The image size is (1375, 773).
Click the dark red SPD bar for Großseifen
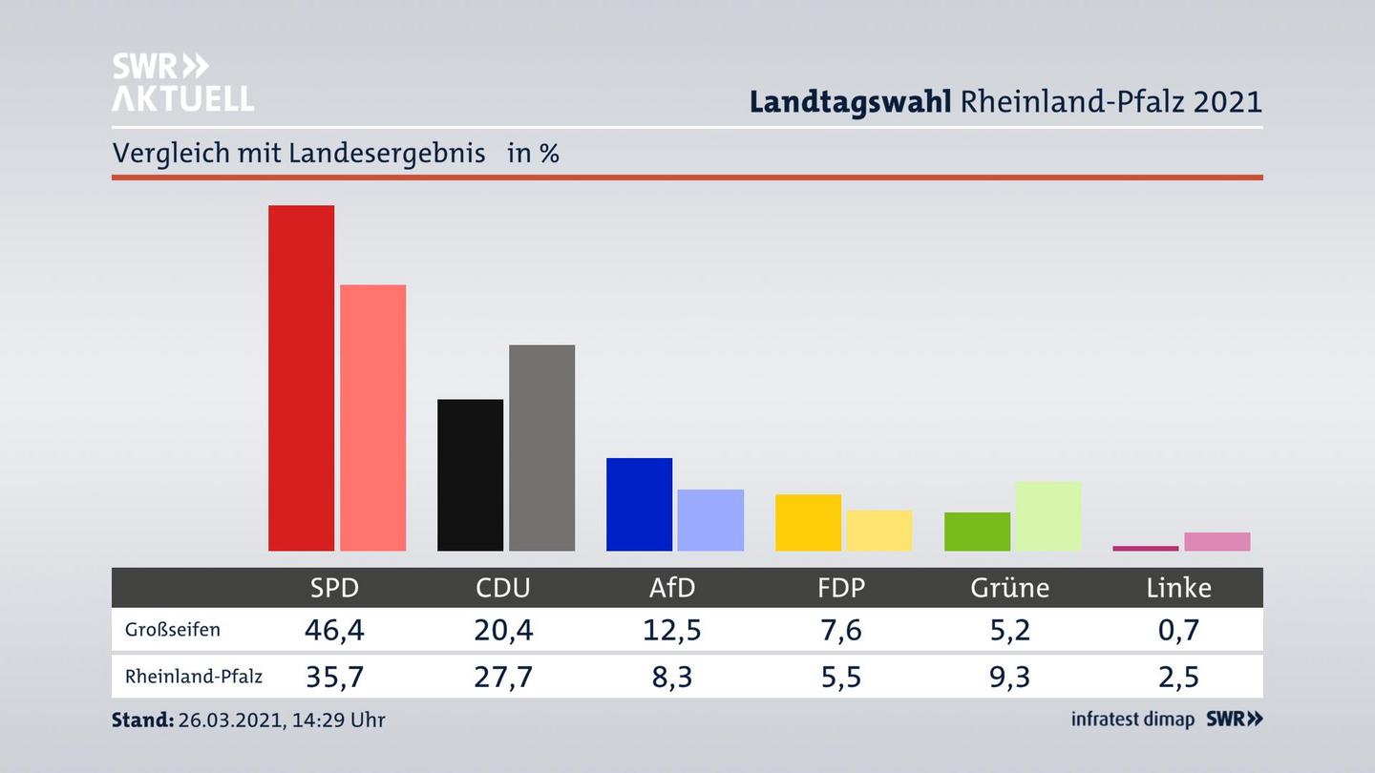[x=301, y=378]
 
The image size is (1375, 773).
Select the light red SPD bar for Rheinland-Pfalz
[x=372, y=417]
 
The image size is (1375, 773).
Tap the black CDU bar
[x=470, y=474]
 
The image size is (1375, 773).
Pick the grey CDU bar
[x=541, y=448]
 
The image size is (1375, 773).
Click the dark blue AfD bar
[x=639, y=504]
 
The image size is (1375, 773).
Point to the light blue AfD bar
[x=710, y=520]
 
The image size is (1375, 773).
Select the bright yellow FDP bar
[x=808, y=522]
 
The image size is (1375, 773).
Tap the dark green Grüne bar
[x=977, y=532]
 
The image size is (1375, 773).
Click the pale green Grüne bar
[x=1048, y=516]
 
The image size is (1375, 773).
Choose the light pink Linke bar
[x=1216, y=541]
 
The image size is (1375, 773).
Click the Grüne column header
[x=1009, y=588]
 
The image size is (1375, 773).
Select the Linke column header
[x=1178, y=588]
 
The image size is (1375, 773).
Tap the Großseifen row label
[x=173, y=630]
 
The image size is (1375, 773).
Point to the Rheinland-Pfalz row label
[x=194, y=677]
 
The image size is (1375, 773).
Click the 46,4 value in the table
[x=334, y=630]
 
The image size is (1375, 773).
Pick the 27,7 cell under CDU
[x=503, y=677]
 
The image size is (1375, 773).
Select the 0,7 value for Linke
[x=1178, y=630]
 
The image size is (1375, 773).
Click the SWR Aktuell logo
[x=182, y=82]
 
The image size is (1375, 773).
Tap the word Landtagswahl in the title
[x=850, y=101]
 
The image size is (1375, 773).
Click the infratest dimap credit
[x=1132, y=720]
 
